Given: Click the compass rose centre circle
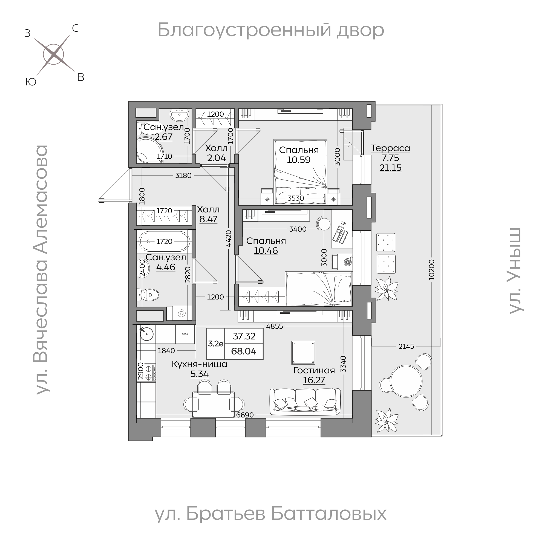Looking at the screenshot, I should (x=54, y=54).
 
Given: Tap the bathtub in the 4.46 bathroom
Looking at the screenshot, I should (x=165, y=241).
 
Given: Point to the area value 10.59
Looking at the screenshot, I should (x=298, y=160).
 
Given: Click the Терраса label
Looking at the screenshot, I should (x=390, y=148).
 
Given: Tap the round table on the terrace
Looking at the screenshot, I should (x=406, y=381).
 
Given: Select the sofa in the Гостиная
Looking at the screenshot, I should (x=305, y=402).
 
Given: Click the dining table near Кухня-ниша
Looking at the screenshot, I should (x=213, y=405).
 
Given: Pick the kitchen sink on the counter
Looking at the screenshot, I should (x=146, y=334).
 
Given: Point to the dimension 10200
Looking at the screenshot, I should (x=431, y=270).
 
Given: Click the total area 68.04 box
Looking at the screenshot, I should (x=244, y=351).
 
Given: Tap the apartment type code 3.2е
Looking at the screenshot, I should (x=215, y=344).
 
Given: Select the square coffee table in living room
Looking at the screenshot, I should (x=303, y=353).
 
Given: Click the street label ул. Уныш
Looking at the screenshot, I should (x=515, y=270).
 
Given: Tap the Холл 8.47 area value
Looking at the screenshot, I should (x=208, y=219).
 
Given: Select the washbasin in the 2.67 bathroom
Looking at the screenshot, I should (x=179, y=115).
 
